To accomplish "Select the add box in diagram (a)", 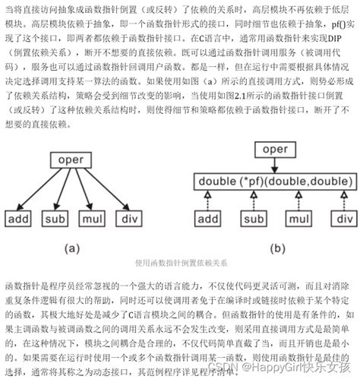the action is [20, 220].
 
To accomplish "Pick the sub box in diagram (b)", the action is [249, 220].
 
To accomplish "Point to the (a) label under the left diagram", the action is [71, 247].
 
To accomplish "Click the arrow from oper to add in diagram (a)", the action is [38, 188].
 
